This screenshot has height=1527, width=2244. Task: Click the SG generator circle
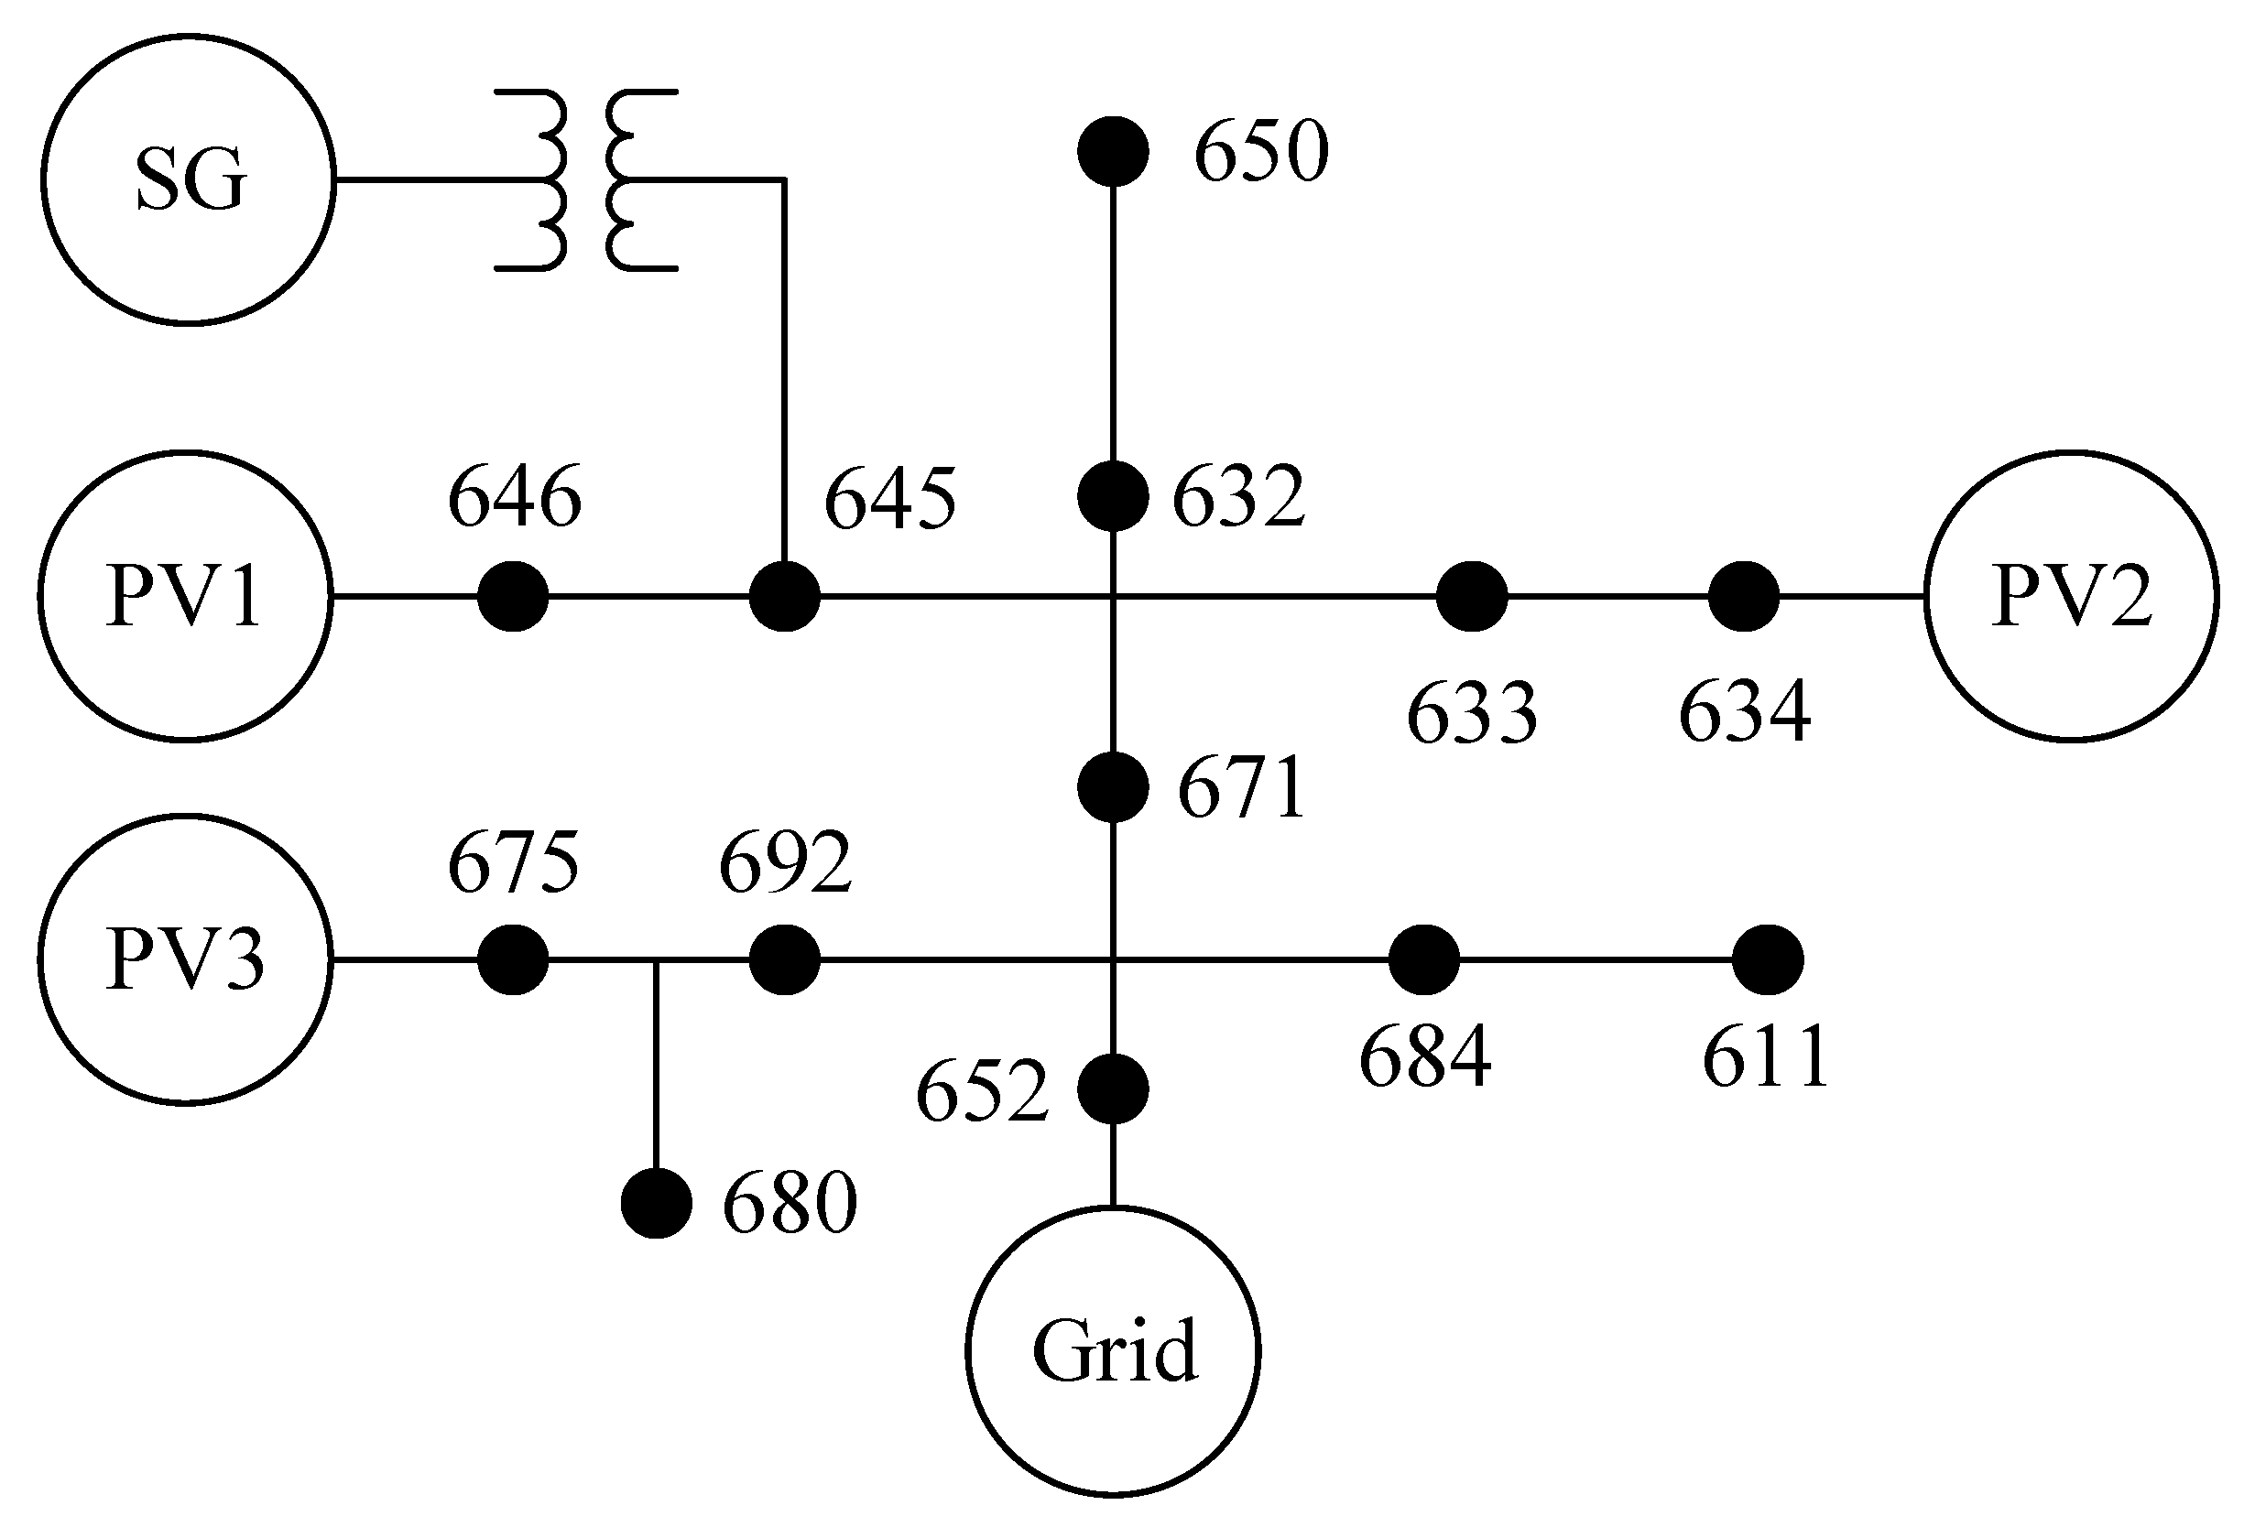click(189, 179)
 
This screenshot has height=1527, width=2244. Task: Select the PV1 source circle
click(185, 596)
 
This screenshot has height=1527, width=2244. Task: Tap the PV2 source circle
click(2070, 596)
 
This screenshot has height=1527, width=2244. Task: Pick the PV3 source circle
click(185, 959)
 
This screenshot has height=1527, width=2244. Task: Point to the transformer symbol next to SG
click(586, 179)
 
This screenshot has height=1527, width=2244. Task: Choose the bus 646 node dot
click(513, 597)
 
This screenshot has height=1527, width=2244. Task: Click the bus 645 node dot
click(785, 597)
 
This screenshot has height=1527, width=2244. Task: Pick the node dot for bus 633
click(1472, 597)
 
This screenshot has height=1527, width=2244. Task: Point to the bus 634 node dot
click(1743, 597)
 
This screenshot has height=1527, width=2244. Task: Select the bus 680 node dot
click(657, 1203)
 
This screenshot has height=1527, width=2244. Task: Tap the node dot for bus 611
click(1767, 959)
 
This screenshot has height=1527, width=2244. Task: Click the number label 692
click(785, 861)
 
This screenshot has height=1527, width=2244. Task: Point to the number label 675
click(513, 861)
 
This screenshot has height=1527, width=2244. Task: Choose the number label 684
click(1424, 1058)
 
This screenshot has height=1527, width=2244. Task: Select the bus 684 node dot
click(1424, 959)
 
